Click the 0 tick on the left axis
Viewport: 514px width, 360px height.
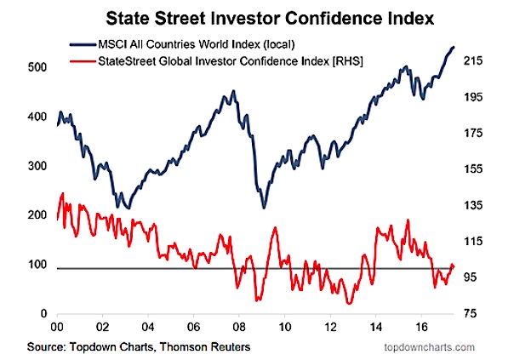[40, 315]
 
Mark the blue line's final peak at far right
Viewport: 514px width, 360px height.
[453, 47]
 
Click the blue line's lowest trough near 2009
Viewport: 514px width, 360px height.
[264, 207]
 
